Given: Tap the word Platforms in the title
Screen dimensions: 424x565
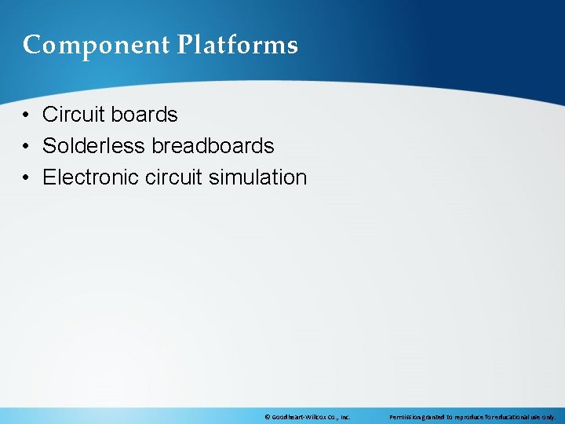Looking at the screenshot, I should coord(237,46).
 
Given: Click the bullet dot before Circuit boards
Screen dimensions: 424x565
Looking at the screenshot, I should coord(27,115).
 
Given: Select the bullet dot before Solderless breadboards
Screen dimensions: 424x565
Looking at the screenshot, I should coord(27,147).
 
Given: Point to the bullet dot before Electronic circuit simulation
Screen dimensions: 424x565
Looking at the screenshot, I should coord(27,178).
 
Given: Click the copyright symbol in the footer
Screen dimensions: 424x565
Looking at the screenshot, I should coord(268,417).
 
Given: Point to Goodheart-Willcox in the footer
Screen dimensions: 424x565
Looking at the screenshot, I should coord(297,417).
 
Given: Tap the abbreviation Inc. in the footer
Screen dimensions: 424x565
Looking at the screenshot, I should coord(344,417).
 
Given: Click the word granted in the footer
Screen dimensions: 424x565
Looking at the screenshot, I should coord(436,417).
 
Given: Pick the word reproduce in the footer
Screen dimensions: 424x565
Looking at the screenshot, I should coord(472,417).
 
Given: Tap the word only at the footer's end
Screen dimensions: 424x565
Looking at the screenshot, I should coord(549,417).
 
